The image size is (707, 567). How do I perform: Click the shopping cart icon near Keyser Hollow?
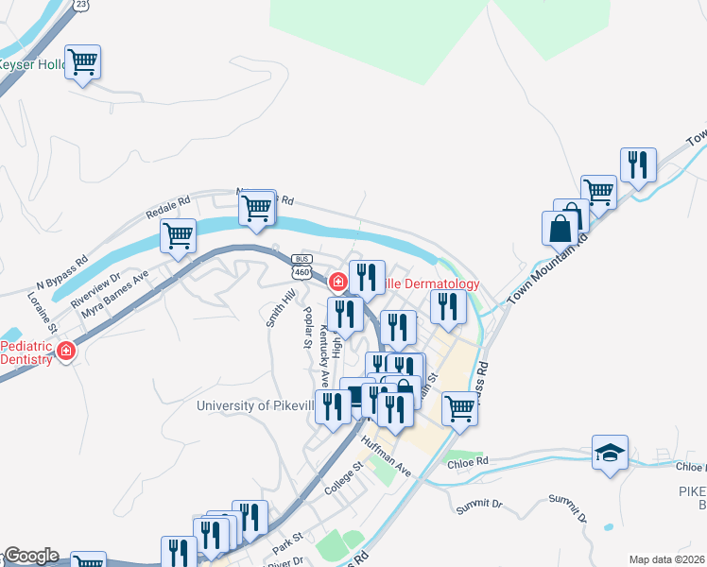point(83,62)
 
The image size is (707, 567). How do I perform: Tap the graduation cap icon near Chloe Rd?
point(610,452)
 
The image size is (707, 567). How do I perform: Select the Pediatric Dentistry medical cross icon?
point(65,352)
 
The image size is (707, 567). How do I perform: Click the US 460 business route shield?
point(302,266)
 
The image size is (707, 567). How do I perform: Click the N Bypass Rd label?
point(61,271)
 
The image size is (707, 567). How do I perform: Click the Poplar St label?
point(306,327)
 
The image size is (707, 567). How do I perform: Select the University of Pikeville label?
point(253,406)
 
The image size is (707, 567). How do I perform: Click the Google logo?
point(30,556)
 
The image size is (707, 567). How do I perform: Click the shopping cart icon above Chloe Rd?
point(459,408)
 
